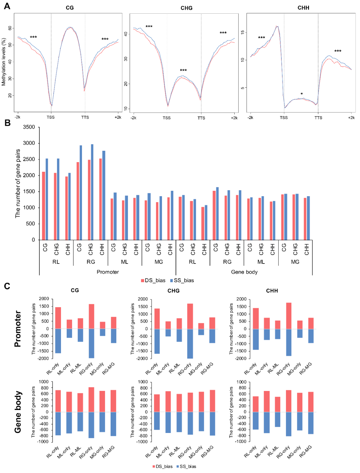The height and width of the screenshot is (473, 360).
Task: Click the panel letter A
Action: point(7,6)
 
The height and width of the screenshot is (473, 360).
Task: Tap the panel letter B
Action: point(7,123)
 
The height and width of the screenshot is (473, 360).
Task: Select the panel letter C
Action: point(7,286)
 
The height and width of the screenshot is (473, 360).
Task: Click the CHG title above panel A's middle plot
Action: point(186,8)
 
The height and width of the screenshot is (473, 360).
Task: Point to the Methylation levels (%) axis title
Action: point(4,62)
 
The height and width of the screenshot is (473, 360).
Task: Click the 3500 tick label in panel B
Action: point(29,127)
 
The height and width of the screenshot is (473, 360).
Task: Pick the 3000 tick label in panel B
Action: point(29,143)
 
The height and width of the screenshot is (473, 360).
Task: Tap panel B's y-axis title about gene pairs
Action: point(18,183)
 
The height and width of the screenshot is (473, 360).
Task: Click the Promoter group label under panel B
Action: point(108,272)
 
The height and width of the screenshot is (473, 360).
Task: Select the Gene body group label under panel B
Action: point(244,272)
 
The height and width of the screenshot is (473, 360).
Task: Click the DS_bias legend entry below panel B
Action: point(153,281)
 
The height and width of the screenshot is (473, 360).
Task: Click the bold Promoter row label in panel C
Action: point(18,329)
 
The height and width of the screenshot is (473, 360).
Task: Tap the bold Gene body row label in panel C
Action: point(18,412)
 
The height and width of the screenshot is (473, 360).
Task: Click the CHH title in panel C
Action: point(272,291)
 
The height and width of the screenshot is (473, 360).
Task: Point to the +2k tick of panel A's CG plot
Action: point(118,117)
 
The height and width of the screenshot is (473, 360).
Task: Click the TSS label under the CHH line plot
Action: point(284,118)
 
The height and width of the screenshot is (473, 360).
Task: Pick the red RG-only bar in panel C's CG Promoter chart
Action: point(91,316)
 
